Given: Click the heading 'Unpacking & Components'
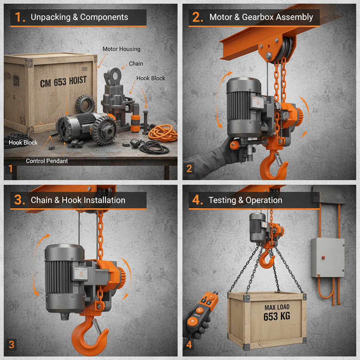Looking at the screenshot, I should [79, 17].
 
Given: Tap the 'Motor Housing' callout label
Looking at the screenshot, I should [121, 49].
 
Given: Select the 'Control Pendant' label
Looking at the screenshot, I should [47, 161].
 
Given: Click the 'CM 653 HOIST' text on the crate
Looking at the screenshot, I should [63, 82].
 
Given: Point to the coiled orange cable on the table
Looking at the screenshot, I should [162, 133].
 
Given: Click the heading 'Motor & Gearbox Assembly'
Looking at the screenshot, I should [261, 17].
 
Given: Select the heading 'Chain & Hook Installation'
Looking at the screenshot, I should [78, 200].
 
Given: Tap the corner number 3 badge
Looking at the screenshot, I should [11, 345].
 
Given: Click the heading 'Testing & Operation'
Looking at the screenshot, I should [245, 200].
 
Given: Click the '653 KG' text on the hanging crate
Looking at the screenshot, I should [277, 317].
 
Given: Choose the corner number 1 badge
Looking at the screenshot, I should [11, 169].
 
